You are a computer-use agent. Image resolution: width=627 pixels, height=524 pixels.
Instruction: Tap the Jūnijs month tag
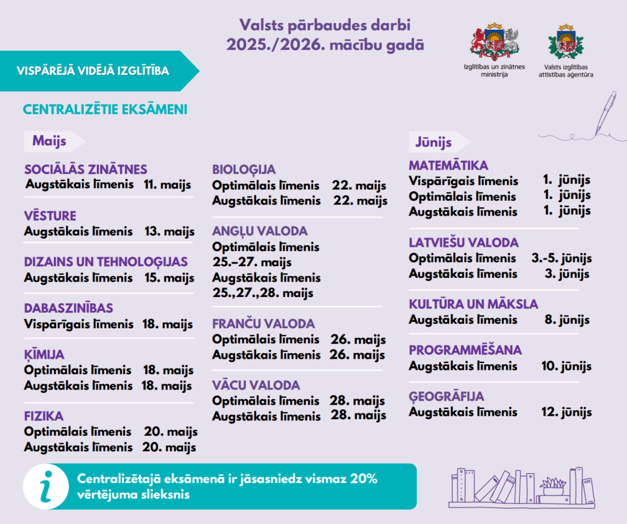[x=434, y=143]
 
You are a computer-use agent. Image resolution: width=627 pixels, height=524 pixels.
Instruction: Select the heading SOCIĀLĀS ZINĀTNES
[x=86, y=170]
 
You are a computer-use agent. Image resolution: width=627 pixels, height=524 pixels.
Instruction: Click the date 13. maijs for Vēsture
[x=170, y=231]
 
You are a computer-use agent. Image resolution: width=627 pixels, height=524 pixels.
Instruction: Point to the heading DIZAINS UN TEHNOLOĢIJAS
[x=106, y=262]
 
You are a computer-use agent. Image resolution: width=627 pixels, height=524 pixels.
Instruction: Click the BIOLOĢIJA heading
[x=244, y=170]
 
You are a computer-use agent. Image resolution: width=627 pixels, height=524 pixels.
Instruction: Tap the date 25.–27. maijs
[x=252, y=263]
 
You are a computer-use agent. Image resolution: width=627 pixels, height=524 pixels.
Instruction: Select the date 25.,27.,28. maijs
[x=263, y=293]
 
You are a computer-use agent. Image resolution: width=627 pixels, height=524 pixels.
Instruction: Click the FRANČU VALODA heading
[x=263, y=324]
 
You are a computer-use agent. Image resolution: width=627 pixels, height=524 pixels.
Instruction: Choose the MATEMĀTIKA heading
[x=448, y=166]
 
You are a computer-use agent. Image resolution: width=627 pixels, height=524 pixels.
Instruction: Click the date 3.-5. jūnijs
[x=561, y=258]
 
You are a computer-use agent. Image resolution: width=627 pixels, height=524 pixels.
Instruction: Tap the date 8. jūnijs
[x=567, y=320]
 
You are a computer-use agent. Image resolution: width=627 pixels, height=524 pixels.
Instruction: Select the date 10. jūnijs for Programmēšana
[x=566, y=366]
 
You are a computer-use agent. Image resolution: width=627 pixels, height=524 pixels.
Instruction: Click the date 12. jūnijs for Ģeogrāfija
[x=566, y=412]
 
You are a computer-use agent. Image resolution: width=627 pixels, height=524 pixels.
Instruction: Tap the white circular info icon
[x=46, y=487]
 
